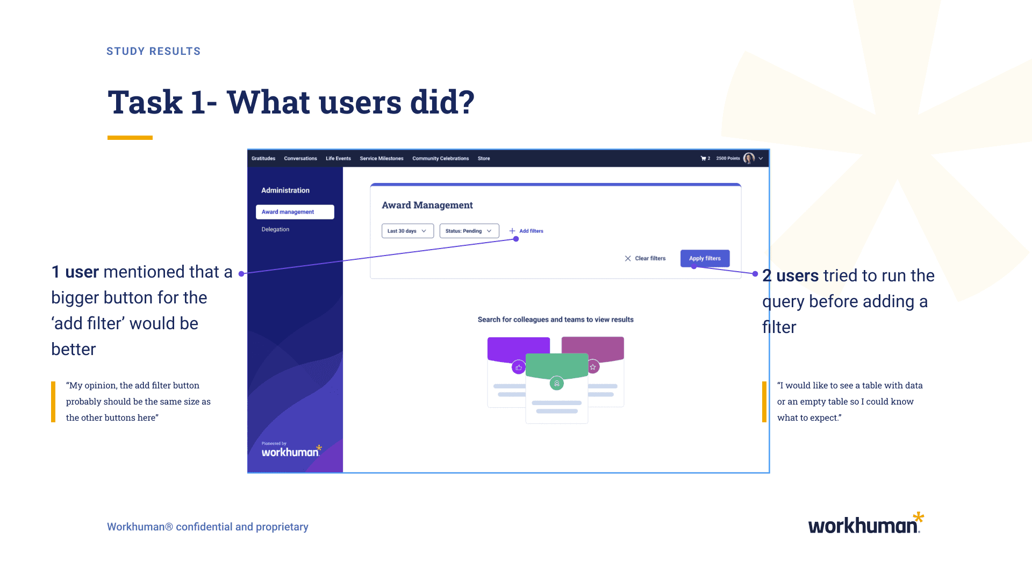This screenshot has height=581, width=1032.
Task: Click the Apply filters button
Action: coord(705,258)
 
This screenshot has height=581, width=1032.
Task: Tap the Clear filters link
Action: coord(645,258)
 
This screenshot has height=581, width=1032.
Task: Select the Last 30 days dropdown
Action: coord(407,231)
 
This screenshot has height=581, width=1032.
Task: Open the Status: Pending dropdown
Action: coord(469,231)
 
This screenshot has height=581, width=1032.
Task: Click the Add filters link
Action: coord(526,231)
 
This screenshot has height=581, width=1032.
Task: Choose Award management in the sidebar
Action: coord(295,212)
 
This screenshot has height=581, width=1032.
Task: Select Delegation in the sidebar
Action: coord(275,229)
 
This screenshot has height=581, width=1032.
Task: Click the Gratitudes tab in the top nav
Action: coord(263,158)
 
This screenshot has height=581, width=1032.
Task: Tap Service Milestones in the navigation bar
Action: coord(382,158)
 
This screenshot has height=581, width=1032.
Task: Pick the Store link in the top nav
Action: coord(484,158)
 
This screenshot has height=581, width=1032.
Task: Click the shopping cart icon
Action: coord(703,158)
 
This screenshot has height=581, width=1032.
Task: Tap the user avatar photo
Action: coord(749,158)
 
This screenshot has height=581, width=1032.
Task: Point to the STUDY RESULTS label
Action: coord(154,51)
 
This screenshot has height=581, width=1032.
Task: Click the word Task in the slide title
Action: coord(145,102)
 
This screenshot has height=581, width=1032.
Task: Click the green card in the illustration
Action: coord(557,388)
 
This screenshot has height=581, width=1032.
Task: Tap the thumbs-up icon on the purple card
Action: coord(519,367)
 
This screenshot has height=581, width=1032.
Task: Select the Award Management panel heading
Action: coord(427,205)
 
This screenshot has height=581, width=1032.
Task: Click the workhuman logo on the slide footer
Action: coord(866,523)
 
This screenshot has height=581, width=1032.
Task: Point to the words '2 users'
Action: coord(790,275)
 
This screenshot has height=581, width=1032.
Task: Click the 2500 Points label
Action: coord(728,158)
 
